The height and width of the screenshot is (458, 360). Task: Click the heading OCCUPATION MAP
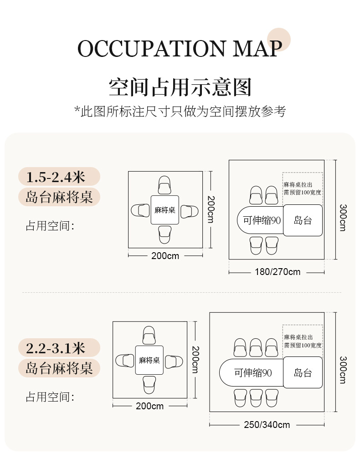coord(180,49)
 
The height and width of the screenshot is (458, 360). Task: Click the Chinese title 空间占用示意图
coord(180,87)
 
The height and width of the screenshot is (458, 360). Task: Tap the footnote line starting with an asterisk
coord(180,112)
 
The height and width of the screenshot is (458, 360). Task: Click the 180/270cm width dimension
coord(277,272)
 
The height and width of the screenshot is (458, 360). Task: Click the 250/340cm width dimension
coord(267,425)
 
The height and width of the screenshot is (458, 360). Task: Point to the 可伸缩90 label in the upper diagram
coord(261,220)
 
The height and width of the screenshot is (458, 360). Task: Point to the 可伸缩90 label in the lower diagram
coord(253,373)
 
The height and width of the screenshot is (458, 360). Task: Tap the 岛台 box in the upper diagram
coord(303,221)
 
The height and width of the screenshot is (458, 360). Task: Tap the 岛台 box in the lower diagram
coord(303,373)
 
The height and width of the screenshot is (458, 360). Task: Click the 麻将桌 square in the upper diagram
coord(165,210)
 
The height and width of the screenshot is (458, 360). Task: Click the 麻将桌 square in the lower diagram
coord(149,361)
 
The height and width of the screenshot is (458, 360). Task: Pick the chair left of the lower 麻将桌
coord(125,361)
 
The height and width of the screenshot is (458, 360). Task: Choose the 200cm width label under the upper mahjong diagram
coord(165,256)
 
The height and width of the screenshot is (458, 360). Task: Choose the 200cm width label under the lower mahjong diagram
coord(149,406)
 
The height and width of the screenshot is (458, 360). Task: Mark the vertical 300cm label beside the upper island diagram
coord(342,217)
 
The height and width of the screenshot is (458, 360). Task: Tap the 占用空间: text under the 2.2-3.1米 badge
coord(50,397)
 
